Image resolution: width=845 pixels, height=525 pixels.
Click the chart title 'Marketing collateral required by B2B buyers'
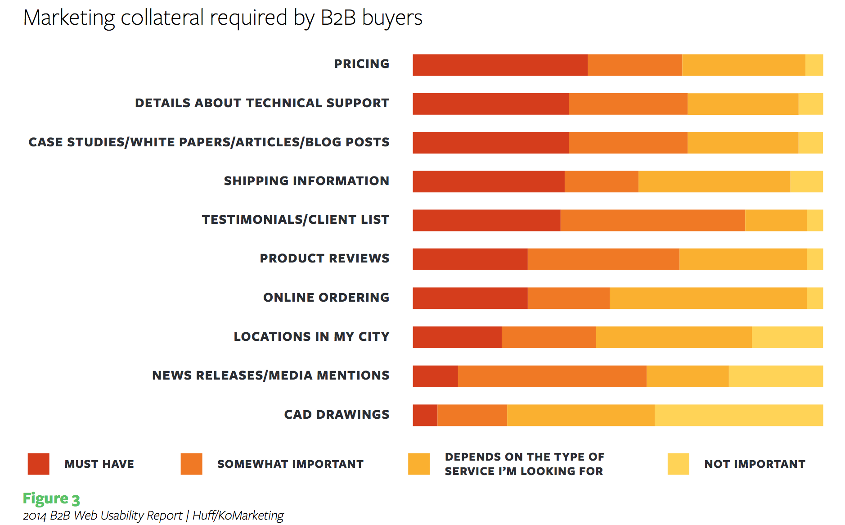pos(223,18)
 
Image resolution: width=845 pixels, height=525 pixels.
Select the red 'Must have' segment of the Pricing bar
pos(500,65)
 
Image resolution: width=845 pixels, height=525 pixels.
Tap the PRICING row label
pos(361,64)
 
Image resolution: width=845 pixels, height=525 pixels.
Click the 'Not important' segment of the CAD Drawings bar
pos(738,415)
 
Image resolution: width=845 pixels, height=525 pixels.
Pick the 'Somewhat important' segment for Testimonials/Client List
pos(652,220)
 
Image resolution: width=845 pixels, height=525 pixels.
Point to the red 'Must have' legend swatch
pos(38,464)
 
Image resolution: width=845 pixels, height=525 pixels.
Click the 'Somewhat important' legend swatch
pos(191,464)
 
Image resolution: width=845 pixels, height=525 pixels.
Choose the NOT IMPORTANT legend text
pos(755,464)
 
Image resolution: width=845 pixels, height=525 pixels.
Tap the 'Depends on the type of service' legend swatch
pos(418,464)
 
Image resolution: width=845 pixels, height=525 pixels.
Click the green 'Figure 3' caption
pos(51,499)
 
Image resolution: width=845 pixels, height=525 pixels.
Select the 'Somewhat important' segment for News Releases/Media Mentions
pos(552,376)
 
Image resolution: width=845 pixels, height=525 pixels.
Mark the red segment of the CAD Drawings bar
pos(425,415)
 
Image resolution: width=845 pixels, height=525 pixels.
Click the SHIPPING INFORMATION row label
pos(306,181)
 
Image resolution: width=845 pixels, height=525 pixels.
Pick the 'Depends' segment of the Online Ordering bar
pos(708,298)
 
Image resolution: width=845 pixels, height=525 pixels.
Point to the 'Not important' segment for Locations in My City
pos(787,337)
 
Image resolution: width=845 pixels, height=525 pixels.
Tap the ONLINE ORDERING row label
pos(326,298)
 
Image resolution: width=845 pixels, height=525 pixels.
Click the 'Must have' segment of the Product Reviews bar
pos(470,259)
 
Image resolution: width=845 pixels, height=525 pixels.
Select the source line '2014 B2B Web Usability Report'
pos(153,515)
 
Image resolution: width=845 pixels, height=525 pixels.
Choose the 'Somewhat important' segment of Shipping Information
pos(601,181)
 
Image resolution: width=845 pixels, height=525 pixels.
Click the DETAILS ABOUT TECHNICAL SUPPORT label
pos(262,103)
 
